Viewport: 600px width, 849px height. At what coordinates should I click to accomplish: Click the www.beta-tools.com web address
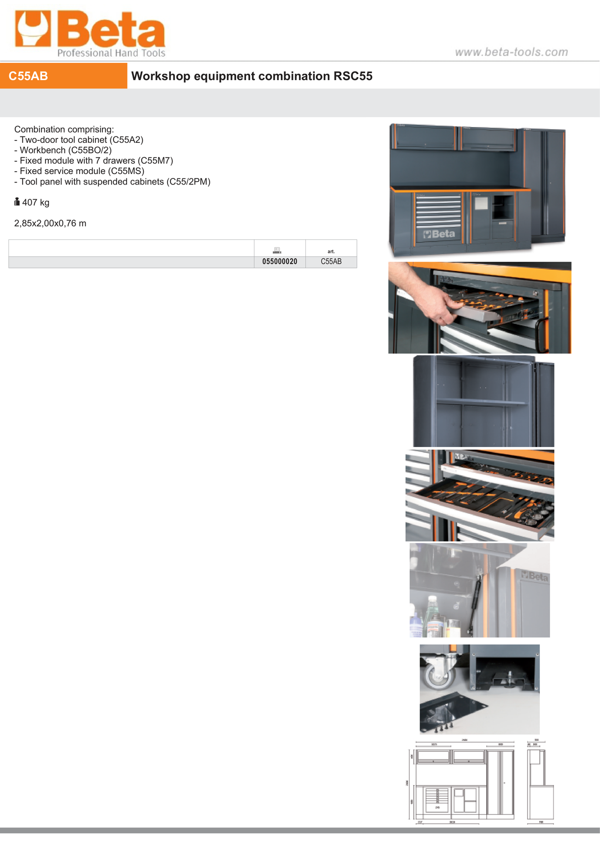[511, 52]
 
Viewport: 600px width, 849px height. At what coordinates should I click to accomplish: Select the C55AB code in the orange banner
[29, 76]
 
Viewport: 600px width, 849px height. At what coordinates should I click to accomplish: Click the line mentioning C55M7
[94, 161]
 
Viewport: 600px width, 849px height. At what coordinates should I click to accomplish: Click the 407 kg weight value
[36, 203]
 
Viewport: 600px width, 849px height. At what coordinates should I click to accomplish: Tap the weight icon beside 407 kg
[17, 202]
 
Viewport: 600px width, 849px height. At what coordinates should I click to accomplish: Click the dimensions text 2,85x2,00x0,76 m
[50, 223]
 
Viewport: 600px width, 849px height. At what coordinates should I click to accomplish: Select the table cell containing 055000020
[280, 262]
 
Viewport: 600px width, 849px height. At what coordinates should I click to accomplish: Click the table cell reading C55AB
[331, 262]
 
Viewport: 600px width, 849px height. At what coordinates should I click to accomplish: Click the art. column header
[331, 251]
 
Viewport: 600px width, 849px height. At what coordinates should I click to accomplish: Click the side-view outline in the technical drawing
[540, 784]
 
